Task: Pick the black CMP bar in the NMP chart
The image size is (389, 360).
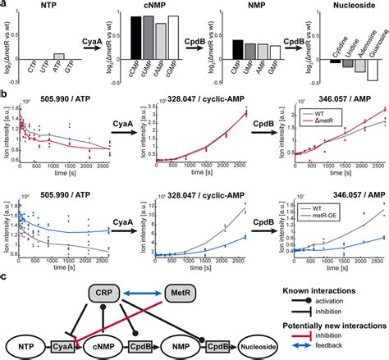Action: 237,51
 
